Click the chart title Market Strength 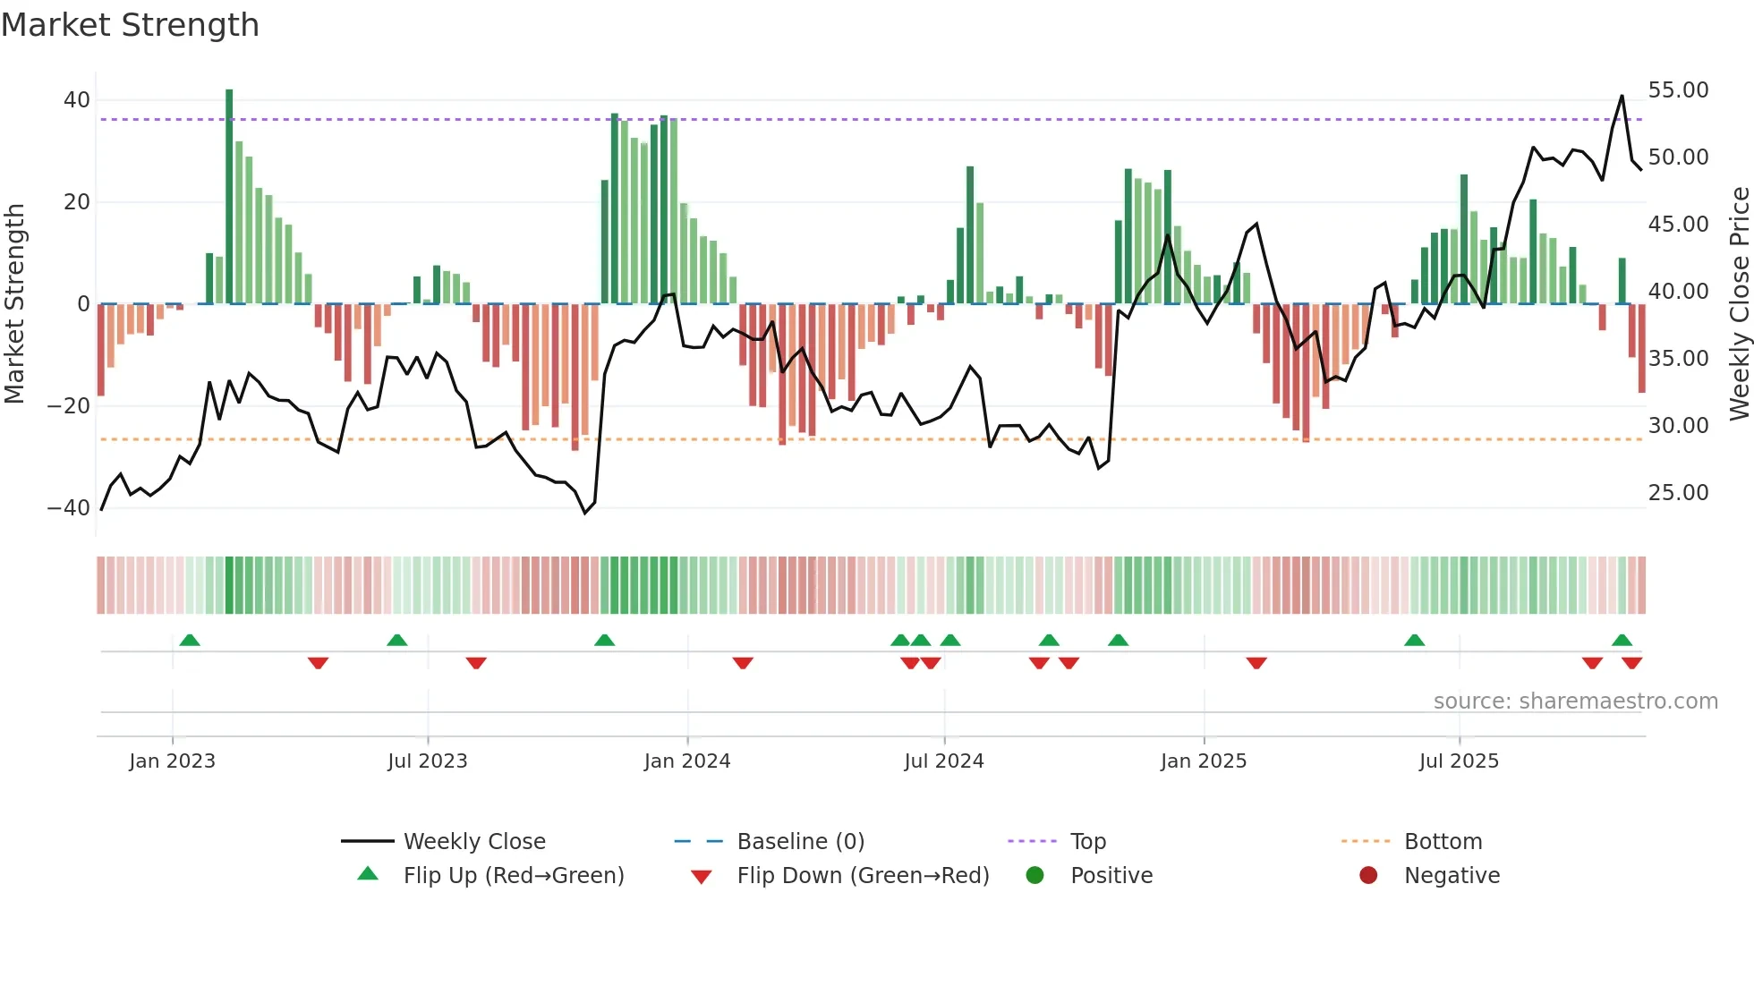pyautogui.click(x=130, y=25)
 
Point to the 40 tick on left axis pyautogui.click(x=77, y=100)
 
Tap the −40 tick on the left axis pyautogui.click(x=69, y=508)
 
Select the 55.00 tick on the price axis pyautogui.click(x=1678, y=90)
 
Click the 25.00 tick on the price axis pyautogui.click(x=1678, y=493)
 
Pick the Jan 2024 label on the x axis pyautogui.click(x=686, y=761)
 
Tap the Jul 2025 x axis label pyautogui.click(x=1458, y=761)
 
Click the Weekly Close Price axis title pyautogui.click(x=1739, y=304)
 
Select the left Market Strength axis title pyautogui.click(x=14, y=304)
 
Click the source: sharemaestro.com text pyautogui.click(x=1575, y=701)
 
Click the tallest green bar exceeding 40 pyautogui.click(x=229, y=197)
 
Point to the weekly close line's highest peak pyautogui.click(x=1622, y=97)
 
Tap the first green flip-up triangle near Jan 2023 pyautogui.click(x=189, y=640)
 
